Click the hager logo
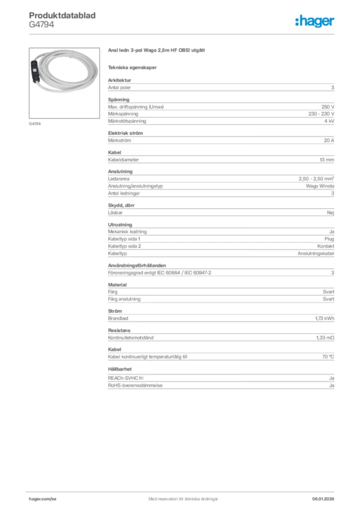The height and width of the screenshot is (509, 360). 315,21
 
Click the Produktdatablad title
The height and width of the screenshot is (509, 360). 62,15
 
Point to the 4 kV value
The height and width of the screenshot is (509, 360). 329,121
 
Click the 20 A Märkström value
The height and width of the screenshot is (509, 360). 329,141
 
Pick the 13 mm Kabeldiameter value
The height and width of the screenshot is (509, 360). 327,160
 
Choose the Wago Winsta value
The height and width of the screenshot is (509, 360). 320,186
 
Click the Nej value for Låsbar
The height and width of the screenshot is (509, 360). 330,212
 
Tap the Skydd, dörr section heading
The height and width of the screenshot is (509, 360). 121,205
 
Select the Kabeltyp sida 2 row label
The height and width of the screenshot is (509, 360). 125,246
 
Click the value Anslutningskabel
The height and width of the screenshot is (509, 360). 316,253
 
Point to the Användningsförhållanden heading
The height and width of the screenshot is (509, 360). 137,265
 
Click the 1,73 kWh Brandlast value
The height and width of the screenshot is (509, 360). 324,318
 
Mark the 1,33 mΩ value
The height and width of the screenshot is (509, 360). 324,338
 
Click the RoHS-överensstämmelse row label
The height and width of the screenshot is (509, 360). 135,385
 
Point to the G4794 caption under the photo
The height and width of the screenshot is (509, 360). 34,124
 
